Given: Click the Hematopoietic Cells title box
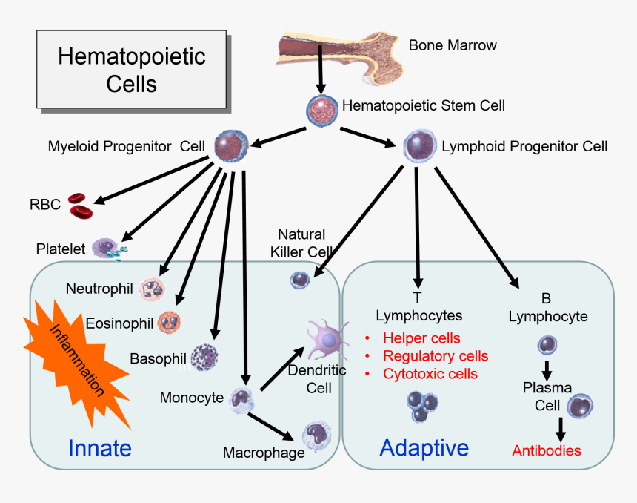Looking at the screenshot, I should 131,70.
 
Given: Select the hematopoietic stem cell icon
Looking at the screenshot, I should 322,108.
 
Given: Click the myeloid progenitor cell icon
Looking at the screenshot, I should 231,145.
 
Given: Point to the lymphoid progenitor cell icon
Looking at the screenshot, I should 419,146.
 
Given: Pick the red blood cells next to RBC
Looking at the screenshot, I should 81,204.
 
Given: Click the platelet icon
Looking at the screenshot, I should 108,249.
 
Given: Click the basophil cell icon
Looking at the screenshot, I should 204,358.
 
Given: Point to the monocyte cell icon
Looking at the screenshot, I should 241,398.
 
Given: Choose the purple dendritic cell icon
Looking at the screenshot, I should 327,340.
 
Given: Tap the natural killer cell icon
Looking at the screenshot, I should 300,279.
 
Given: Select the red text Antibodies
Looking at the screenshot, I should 547,450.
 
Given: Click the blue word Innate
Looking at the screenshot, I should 99,448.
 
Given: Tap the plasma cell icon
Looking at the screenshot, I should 581,407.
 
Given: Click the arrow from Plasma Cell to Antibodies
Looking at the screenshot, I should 560,428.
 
